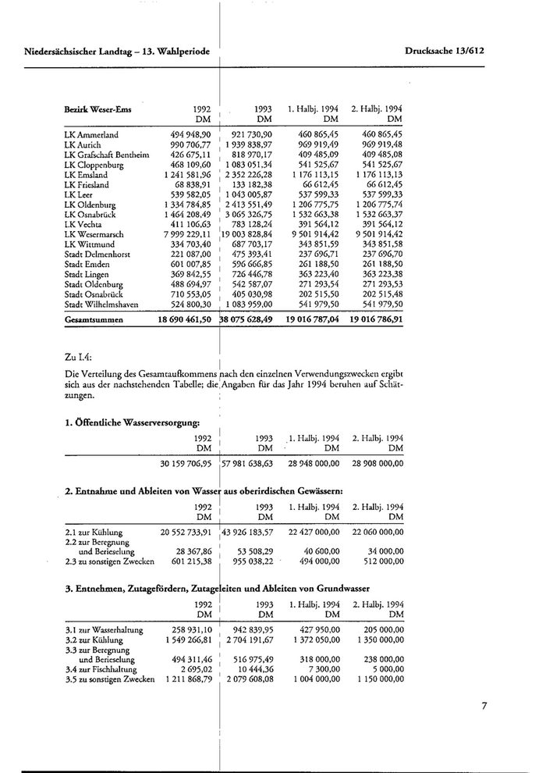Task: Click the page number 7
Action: (x=484, y=707)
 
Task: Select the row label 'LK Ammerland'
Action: (x=91, y=135)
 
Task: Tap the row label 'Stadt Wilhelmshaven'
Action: (x=105, y=305)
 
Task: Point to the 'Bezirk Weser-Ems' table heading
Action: (x=97, y=109)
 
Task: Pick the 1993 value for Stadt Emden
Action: (x=250, y=265)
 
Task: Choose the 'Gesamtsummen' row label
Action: (x=97, y=319)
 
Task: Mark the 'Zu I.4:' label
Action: (x=80, y=357)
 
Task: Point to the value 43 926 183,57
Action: (x=249, y=532)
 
